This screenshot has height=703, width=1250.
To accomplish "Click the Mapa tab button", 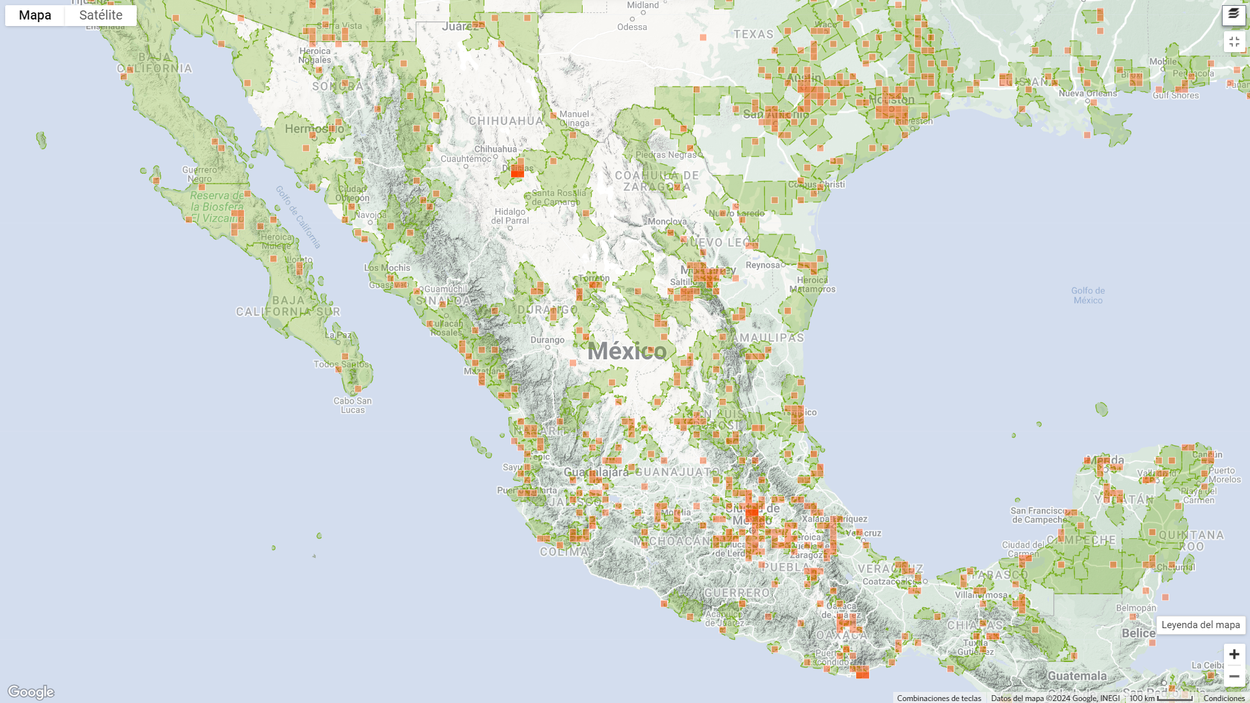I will coord(35,16).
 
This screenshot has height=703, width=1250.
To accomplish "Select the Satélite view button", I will coord(101,16).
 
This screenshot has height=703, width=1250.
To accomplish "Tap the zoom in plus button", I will coord(1234,654).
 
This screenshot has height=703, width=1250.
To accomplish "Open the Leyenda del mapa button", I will coord(1201,625).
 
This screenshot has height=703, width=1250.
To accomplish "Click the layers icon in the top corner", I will coord(1234,15).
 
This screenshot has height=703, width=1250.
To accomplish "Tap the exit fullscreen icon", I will coord(1234,42).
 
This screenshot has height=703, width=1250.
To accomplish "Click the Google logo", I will coord(31,691).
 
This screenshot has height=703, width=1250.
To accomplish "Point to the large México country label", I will coord(627,351).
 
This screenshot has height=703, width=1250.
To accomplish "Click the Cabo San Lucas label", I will coord(353,405).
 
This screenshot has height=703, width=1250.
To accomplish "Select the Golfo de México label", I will coord(1088,296).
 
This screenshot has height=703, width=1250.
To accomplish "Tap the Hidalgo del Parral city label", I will coord(510,216).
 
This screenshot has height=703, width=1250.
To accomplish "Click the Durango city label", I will coord(547,340).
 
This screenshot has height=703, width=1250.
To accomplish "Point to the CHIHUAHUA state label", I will coord(506,121).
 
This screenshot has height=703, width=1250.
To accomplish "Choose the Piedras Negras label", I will coord(666,155).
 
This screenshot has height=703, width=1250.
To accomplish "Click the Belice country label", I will coord(1139,633).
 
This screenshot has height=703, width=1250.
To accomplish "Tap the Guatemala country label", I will coord(1077,676).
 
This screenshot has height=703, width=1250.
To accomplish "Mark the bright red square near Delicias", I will coord(518,172).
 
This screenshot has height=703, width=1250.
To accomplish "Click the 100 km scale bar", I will coord(1161,698).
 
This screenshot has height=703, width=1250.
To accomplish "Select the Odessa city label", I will coord(632,27).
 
